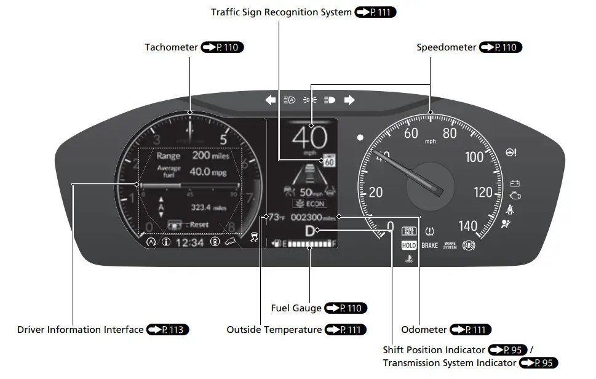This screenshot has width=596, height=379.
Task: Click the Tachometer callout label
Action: pyautogui.click(x=171, y=47)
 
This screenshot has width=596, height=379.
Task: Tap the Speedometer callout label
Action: pyautogui.click(x=446, y=47)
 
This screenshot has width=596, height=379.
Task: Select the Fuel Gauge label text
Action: pyautogui.click(x=296, y=308)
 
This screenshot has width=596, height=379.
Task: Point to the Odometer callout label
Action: pyautogui.click(x=424, y=330)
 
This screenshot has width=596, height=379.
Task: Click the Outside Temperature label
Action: pyautogui.click(x=274, y=330)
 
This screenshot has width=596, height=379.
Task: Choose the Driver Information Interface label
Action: pyautogui.click(x=80, y=330)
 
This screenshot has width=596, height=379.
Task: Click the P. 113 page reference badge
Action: pyautogui.click(x=168, y=330)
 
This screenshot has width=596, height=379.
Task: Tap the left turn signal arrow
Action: pyautogui.click(x=269, y=100)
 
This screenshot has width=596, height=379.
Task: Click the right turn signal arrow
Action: pyautogui.click(x=349, y=100)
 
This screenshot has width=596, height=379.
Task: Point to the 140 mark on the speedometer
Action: pyautogui.click(x=468, y=226)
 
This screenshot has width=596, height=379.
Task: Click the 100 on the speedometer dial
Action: pyautogui.click(x=474, y=157)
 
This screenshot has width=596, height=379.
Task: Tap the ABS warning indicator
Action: pyautogui.click(x=469, y=245)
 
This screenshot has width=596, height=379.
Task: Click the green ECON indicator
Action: pyautogui.click(x=309, y=204)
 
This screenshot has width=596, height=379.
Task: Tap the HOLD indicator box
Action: pyautogui.click(x=408, y=245)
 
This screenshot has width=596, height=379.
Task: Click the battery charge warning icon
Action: pyautogui.click(x=515, y=183)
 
